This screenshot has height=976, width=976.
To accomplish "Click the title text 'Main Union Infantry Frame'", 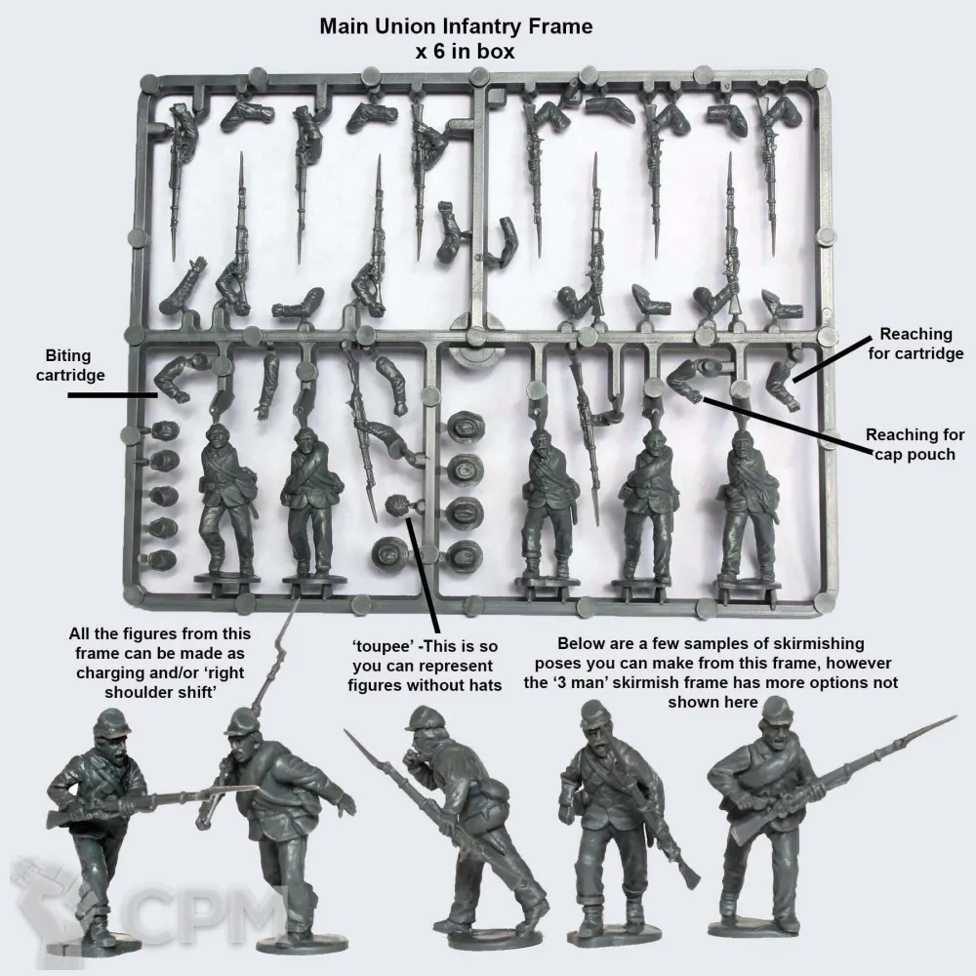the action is [x=456, y=26].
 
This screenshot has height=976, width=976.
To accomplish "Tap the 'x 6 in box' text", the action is [x=465, y=52].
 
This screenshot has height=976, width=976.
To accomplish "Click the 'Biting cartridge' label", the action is [x=69, y=365].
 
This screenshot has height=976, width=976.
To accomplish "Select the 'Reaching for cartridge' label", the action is [x=915, y=344].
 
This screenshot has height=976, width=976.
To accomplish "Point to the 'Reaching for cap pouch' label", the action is [x=915, y=444].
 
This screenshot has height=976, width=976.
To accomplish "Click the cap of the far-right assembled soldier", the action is [x=776, y=710].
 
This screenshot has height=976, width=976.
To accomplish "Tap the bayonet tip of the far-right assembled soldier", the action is [x=955, y=717].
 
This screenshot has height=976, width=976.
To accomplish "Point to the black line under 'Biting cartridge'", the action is [x=112, y=394].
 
